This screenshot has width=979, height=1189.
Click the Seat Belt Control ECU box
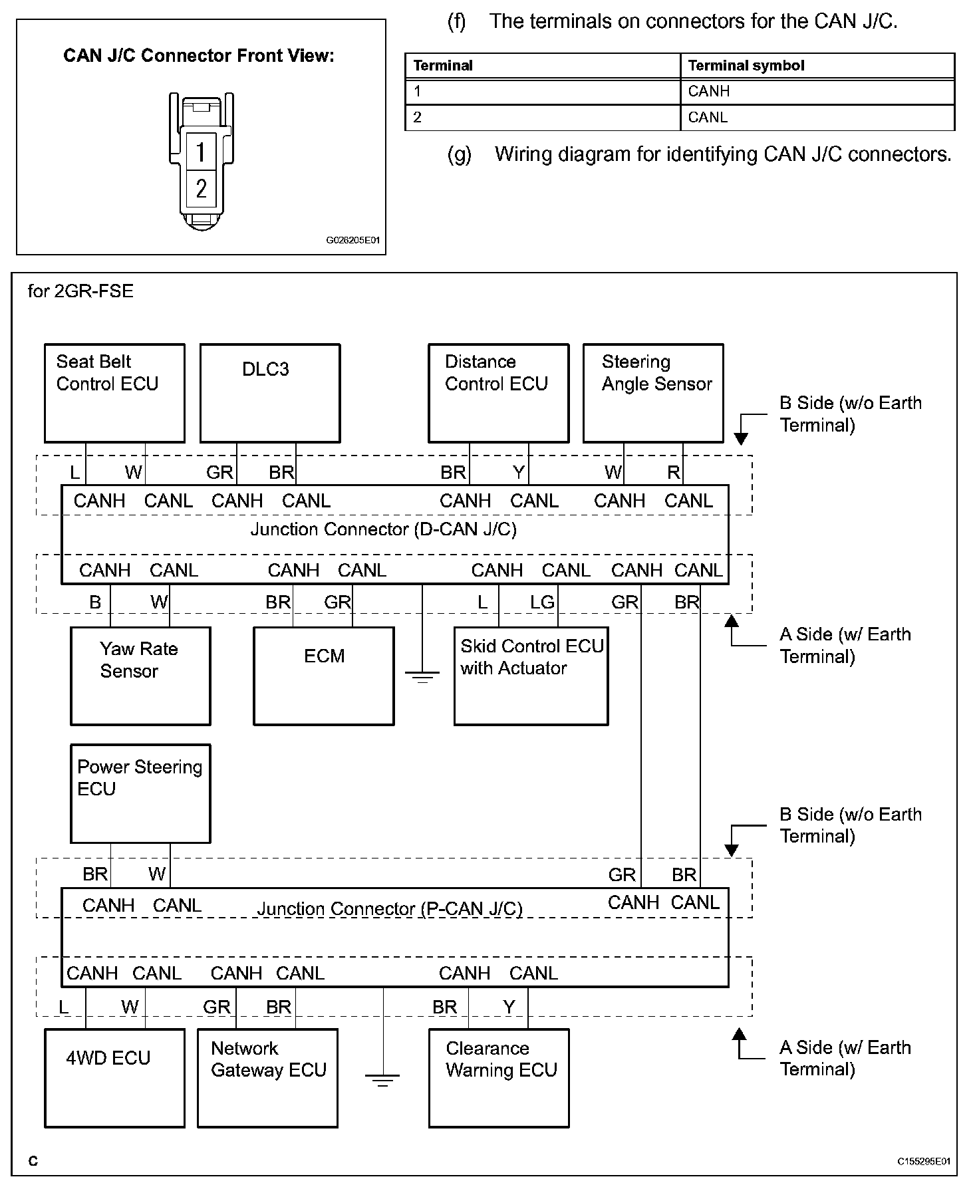pyautogui.click(x=114, y=393)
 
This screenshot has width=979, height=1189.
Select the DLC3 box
pyautogui.click(x=270, y=393)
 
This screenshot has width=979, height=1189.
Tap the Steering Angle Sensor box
pyautogui.click(x=653, y=393)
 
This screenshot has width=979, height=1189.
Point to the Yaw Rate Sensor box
pyautogui.click(x=140, y=676)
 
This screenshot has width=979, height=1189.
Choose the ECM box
pyautogui.click(x=324, y=676)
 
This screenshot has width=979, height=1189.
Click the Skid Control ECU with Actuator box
pyautogui.click(x=531, y=676)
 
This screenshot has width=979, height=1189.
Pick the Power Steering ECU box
pyautogui.click(x=140, y=793)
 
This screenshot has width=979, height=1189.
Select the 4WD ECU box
pyautogui.click(x=114, y=1078)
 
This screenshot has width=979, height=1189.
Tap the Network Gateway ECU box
pyautogui.click(x=268, y=1078)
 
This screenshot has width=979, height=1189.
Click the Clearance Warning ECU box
pyautogui.click(x=499, y=1078)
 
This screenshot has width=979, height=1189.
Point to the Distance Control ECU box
pyautogui.click(x=499, y=393)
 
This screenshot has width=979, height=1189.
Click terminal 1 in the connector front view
pyautogui.click(x=201, y=152)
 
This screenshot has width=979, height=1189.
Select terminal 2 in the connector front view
pyautogui.click(x=201, y=190)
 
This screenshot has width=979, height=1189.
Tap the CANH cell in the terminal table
pyautogui.click(x=817, y=92)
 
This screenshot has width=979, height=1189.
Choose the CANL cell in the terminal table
pyautogui.click(x=817, y=118)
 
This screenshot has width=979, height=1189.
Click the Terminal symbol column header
pyautogui.click(x=817, y=66)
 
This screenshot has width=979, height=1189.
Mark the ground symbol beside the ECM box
pyautogui.click(x=422, y=677)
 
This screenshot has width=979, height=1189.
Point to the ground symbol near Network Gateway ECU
pyautogui.click(x=382, y=1079)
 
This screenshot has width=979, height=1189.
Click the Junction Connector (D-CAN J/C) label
pyautogui.click(x=383, y=529)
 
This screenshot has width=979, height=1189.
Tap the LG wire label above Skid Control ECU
pyautogui.click(x=542, y=602)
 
